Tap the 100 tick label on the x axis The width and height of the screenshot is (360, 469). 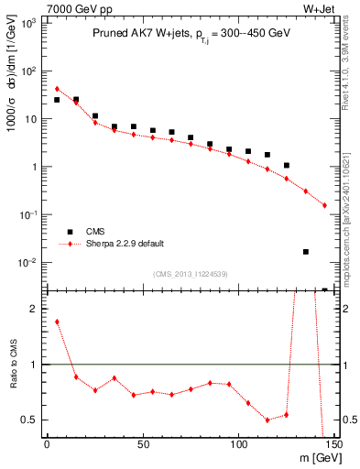click(x=238, y=445)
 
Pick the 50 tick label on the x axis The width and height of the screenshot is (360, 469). click(x=143, y=445)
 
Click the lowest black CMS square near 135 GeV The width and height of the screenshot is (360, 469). click(x=305, y=251)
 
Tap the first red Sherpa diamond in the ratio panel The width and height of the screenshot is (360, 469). click(x=57, y=322)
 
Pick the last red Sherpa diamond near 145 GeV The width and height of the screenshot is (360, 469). click(x=324, y=205)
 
